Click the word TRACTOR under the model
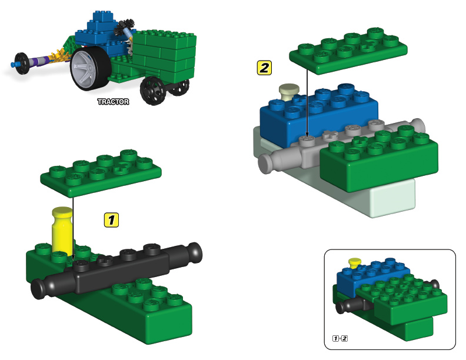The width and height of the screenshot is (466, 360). (113, 102)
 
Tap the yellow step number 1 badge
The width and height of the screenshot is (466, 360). (111, 220)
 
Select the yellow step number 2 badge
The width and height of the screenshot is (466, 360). (265, 67)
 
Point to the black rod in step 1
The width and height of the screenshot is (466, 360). (118, 268)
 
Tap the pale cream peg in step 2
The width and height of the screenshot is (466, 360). (289, 91)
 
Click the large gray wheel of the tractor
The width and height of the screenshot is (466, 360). (87, 69)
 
